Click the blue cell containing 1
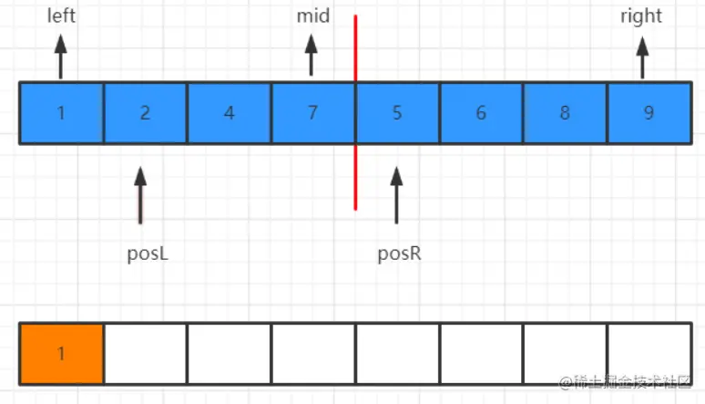click(x=61, y=113)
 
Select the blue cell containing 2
click(x=145, y=113)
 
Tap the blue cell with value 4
click(x=229, y=113)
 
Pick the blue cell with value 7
click(x=312, y=113)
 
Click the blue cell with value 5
click(x=397, y=113)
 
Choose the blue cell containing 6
click(x=481, y=113)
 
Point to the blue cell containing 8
click(x=565, y=113)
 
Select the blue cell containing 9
click(x=649, y=113)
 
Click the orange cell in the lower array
click(x=61, y=353)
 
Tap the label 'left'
click(x=61, y=16)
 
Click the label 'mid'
click(x=312, y=16)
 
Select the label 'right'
click(x=641, y=16)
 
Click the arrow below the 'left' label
click(x=61, y=57)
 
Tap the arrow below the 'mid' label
click(x=311, y=57)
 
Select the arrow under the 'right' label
click(x=642, y=57)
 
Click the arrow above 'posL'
click(x=140, y=193)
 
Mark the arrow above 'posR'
click(x=396, y=193)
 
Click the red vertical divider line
click(x=355, y=182)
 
